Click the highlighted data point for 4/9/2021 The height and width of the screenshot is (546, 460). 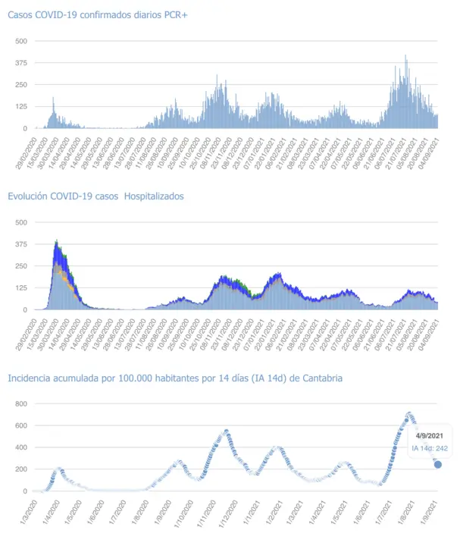pyautogui.click(x=438, y=465)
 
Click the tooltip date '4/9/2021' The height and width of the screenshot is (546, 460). pyautogui.click(x=429, y=436)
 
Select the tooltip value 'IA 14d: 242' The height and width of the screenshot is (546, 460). pyautogui.click(x=429, y=449)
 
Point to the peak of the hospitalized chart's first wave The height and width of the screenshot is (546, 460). pyautogui.click(x=57, y=241)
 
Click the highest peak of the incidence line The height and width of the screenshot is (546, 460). pyautogui.click(x=409, y=414)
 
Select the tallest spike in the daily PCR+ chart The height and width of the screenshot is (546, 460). pyautogui.click(x=406, y=56)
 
